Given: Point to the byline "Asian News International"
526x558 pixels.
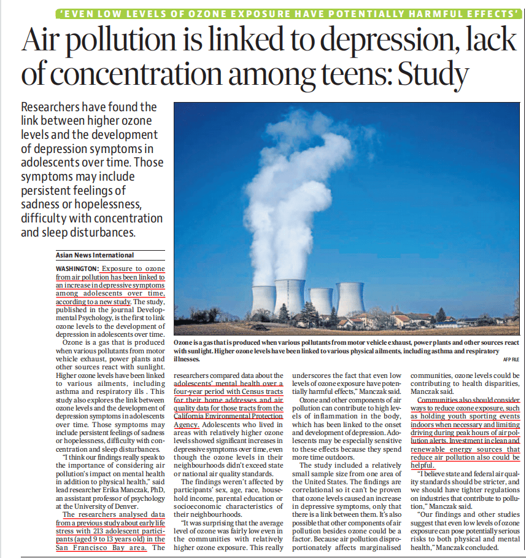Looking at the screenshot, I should click(x=95, y=254).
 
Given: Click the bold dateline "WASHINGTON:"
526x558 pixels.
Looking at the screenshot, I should click(x=77, y=269).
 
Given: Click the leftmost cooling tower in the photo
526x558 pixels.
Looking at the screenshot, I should click(x=263, y=299).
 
